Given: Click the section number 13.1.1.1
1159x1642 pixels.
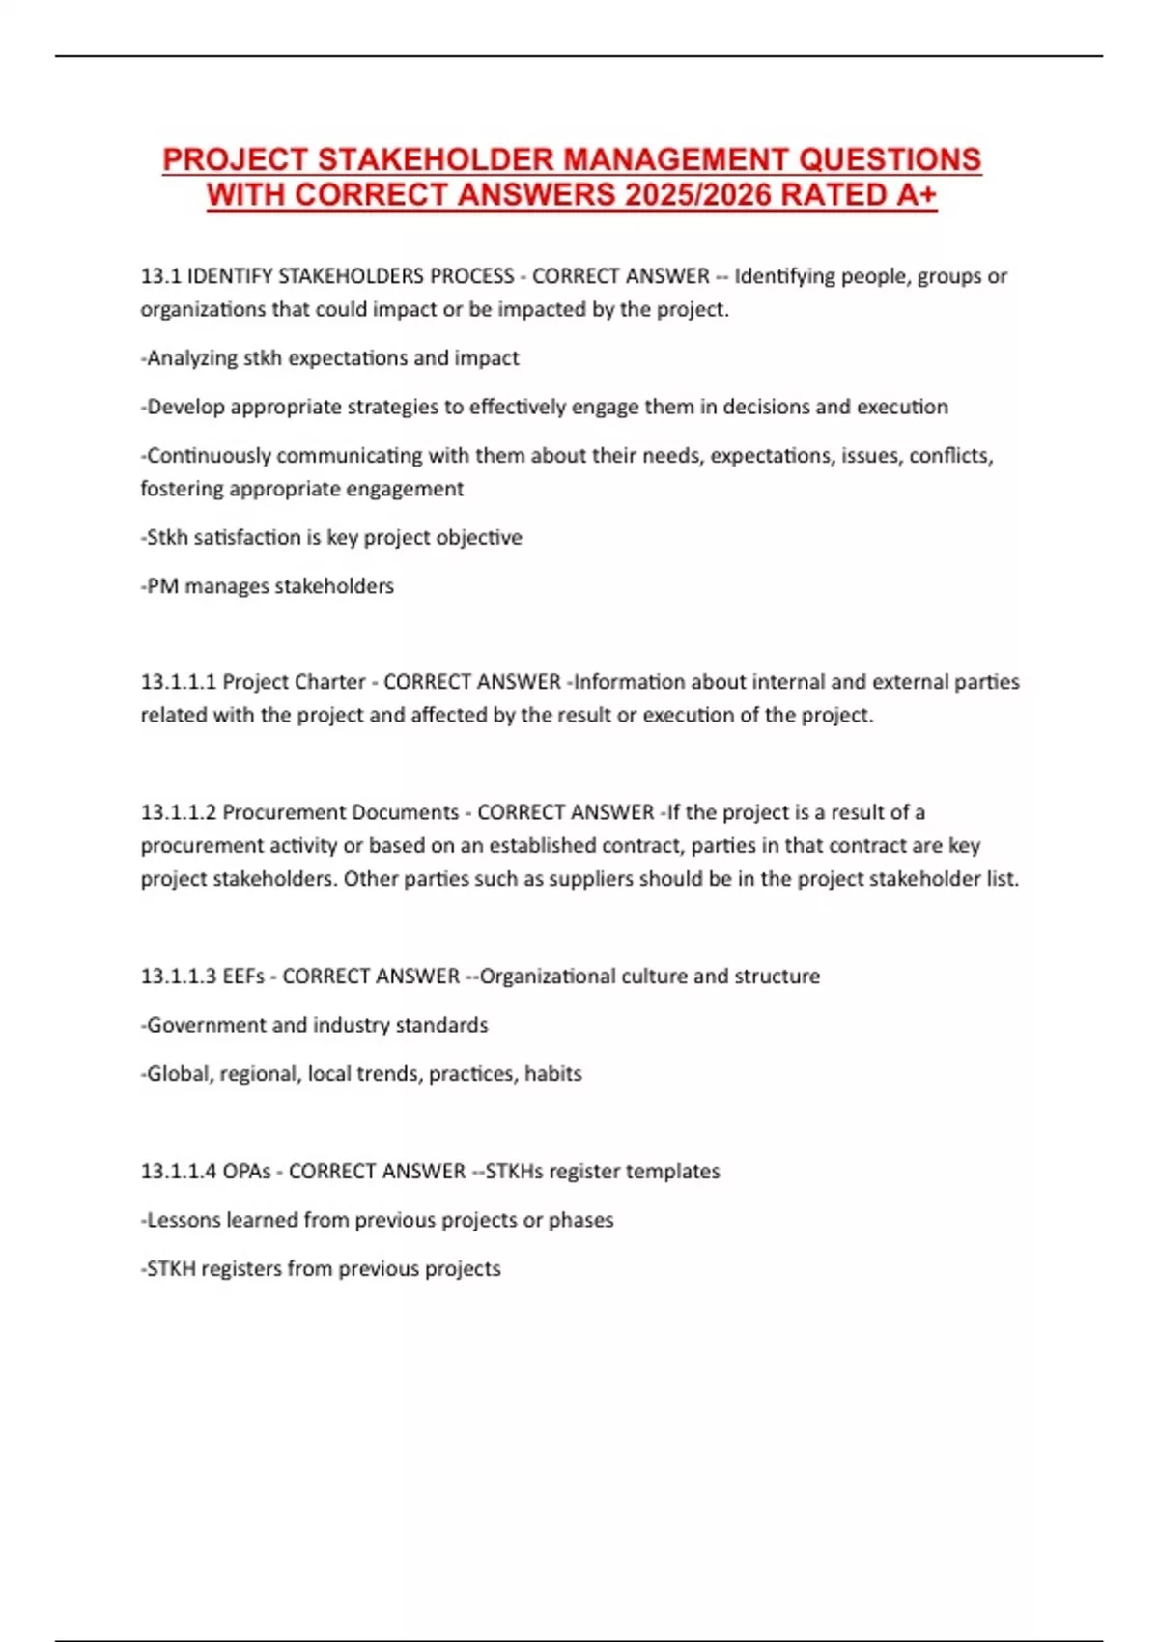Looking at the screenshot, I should pyautogui.click(x=178, y=682).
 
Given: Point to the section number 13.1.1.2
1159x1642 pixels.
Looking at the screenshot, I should pyautogui.click(x=178, y=812).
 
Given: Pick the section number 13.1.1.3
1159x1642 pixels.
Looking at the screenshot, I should pyautogui.click(x=178, y=977).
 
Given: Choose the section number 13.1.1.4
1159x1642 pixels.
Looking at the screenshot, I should pyautogui.click(x=178, y=1172).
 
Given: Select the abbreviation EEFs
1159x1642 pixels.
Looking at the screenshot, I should pyautogui.click(x=243, y=977).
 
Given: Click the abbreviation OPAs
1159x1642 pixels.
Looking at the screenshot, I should pyautogui.click(x=246, y=1172).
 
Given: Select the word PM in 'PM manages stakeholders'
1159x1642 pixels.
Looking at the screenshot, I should pyautogui.click(x=162, y=586).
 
